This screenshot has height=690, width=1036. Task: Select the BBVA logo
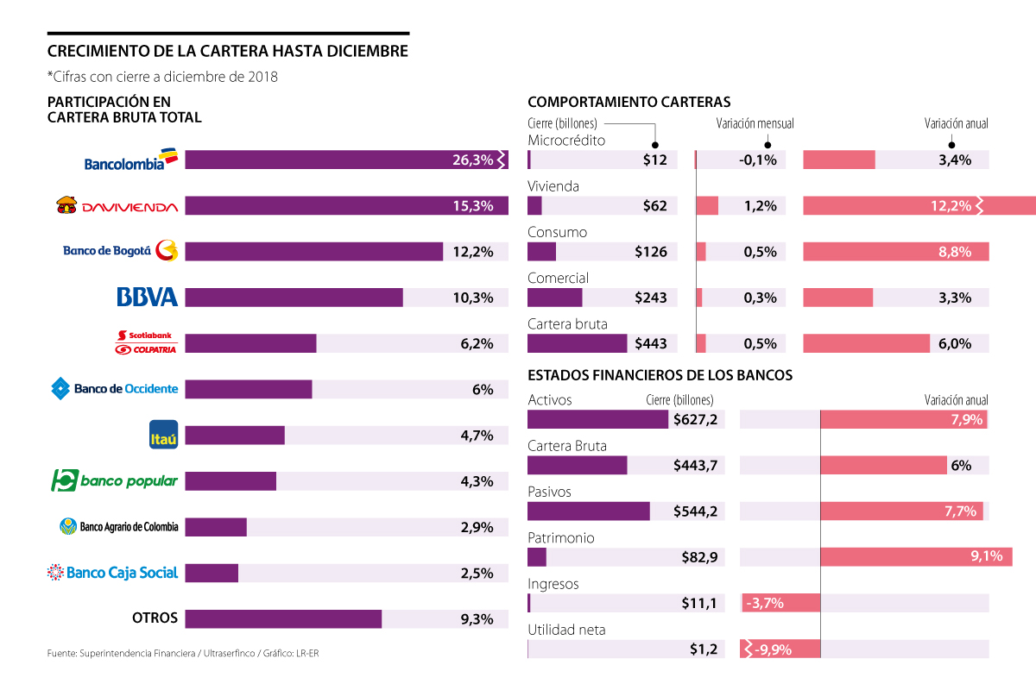point(147,298)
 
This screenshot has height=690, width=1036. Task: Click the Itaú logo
point(163,435)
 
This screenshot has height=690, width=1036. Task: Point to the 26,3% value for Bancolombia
point(472,160)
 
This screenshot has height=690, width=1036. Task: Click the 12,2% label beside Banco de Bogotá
point(472,252)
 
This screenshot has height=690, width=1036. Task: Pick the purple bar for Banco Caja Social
point(212,573)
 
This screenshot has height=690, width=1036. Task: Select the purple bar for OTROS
point(283,618)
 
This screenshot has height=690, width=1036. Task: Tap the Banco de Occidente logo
point(115,389)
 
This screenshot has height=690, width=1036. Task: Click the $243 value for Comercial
point(650,298)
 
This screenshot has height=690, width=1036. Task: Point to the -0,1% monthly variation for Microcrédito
point(759,160)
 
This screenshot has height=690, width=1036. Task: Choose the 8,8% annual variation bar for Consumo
point(895,252)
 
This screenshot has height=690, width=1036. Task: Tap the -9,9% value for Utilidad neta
point(774,649)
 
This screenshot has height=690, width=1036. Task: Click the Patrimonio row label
point(561,538)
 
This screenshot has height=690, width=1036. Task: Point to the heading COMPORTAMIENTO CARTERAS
point(629,101)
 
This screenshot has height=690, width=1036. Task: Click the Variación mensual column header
point(755,124)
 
